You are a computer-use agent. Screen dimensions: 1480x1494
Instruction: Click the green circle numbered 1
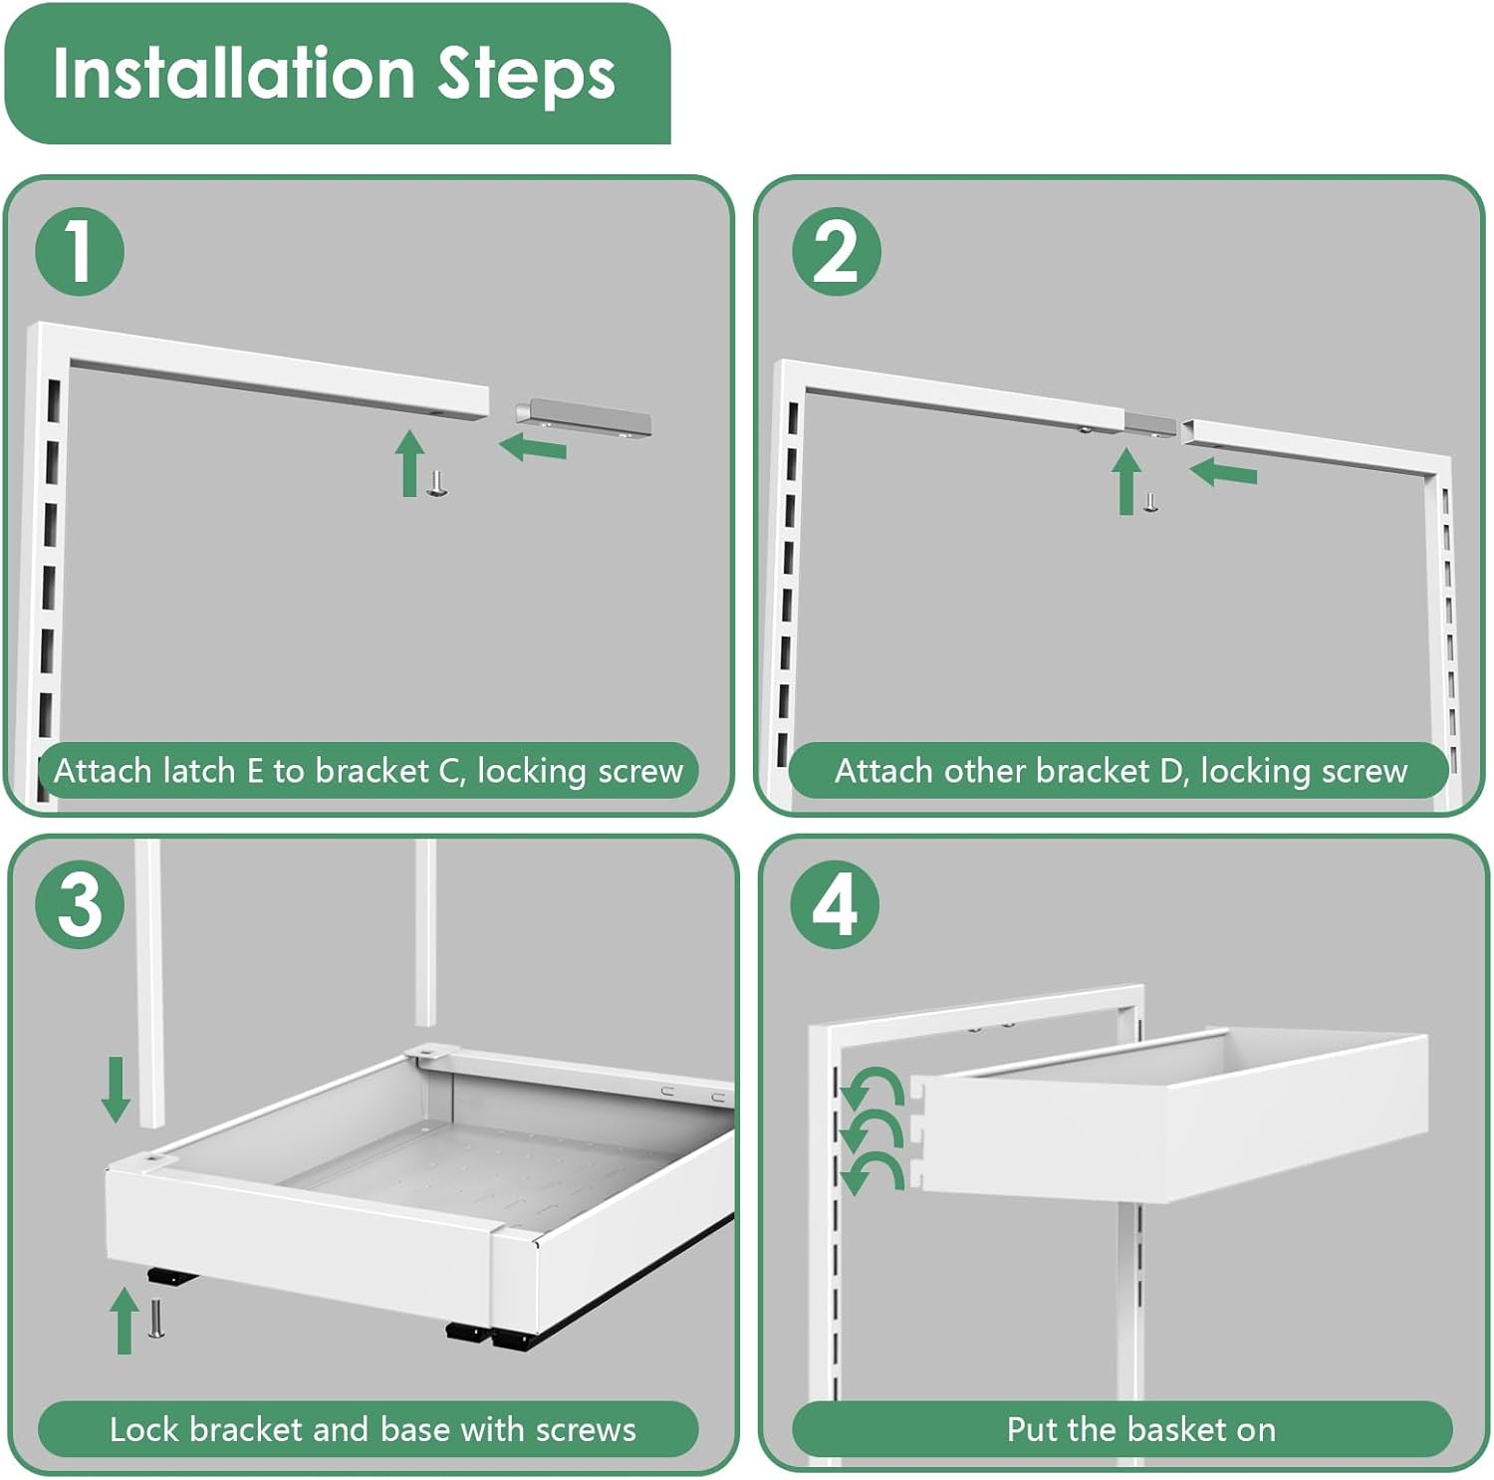click(80, 251)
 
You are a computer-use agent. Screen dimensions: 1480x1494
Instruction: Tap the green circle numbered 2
click(836, 251)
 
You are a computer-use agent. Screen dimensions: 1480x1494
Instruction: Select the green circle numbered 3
click(80, 904)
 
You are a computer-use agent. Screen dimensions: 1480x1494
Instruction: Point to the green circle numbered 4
click(835, 904)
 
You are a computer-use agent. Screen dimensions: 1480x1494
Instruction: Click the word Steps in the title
click(527, 76)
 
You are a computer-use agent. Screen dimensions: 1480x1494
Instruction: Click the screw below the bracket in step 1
click(436, 485)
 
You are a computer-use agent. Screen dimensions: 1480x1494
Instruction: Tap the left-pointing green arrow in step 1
click(533, 448)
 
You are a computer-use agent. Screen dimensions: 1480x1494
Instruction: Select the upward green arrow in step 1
click(408, 463)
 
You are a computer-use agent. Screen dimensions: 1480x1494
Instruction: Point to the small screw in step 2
click(1150, 503)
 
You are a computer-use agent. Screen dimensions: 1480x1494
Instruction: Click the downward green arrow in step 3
click(117, 1089)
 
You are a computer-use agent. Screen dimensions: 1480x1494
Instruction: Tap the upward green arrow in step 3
click(124, 1320)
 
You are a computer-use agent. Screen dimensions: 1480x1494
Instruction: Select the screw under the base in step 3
click(155, 1321)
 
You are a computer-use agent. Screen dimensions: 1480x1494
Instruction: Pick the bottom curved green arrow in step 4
click(871, 1172)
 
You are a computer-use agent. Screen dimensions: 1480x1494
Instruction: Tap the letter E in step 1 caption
click(254, 771)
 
